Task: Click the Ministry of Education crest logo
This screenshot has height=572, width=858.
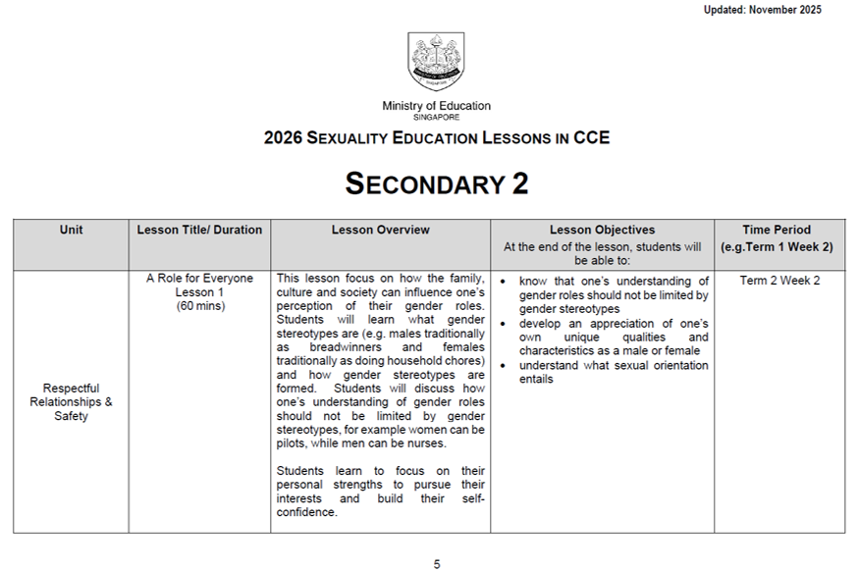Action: pyautogui.click(x=436, y=61)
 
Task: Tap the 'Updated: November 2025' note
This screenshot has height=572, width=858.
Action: pyautogui.click(x=762, y=10)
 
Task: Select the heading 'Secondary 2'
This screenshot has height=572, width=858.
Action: pyautogui.click(x=436, y=183)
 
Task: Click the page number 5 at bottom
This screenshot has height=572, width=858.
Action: pyautogui.click(x=437, y=564)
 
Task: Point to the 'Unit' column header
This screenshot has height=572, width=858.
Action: pyautogui.click(x=71, y=230)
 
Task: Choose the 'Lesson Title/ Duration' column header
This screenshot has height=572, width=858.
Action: pyautogui.click(x=199, y=230)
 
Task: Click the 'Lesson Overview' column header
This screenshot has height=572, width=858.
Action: pyautogui.click(x=380, y=230)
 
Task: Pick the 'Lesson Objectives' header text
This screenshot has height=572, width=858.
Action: pyautogui.click(x=602, y=230)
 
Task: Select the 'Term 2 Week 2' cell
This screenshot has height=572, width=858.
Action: pyautogui.click(x=779, y=281)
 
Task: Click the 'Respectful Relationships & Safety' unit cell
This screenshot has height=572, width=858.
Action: pyautogui.click(x=72, y=401)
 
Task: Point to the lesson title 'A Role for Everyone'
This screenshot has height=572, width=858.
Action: pyautogui.click(x=199, y=279)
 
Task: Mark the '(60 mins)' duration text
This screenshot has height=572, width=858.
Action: pyautogui.click(x=199, y=305)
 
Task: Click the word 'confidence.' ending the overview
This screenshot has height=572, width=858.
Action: pyautogui.click(x=306, y=512)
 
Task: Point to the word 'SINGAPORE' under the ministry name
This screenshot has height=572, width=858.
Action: pyautogui.click(x=436, y=117)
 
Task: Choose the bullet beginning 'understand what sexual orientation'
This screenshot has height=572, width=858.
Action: pyautogui.click(x=614, y=373)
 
